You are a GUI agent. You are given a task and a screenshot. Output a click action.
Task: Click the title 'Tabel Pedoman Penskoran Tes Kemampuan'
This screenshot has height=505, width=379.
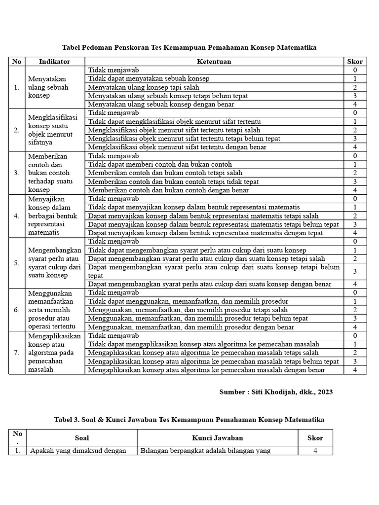[x=189, y=48]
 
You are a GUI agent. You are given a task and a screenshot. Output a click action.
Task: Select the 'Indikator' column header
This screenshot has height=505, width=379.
[x=54, y=62]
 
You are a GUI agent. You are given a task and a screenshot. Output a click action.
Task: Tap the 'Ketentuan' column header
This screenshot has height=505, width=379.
[x=214, y=62]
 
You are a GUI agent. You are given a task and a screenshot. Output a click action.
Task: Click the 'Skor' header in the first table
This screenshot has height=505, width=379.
[x=355, y=62]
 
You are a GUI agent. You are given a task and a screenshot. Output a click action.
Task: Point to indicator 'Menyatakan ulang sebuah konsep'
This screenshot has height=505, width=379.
[x=48, y=87]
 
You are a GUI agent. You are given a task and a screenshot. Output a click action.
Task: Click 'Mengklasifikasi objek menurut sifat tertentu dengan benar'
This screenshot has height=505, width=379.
[x=177, y=147]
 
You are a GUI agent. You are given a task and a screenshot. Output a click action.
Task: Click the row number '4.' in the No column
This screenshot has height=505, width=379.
[x=17, y=216]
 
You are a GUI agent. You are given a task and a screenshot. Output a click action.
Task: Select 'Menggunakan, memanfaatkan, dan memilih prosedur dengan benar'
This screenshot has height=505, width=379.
[x=191, y=327]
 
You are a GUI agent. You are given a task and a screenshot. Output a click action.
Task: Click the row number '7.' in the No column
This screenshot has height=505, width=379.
[x=17, y=353]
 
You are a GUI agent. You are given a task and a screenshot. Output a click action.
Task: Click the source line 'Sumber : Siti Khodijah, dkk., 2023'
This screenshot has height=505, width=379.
[x=276, y=392]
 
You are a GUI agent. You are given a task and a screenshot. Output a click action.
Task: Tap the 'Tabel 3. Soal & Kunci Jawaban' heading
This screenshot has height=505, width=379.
[x=189, y=420]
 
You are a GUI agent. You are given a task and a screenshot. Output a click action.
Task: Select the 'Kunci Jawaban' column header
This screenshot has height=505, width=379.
[x=217, y=437]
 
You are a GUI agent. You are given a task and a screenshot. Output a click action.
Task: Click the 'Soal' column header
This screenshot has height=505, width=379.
[x=81, y=437]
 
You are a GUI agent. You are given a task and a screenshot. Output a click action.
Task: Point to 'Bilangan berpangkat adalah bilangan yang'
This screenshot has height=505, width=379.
[x=206, y=450]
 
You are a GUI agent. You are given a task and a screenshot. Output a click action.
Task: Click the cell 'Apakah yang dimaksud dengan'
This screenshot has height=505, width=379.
[x=78, y=450]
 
